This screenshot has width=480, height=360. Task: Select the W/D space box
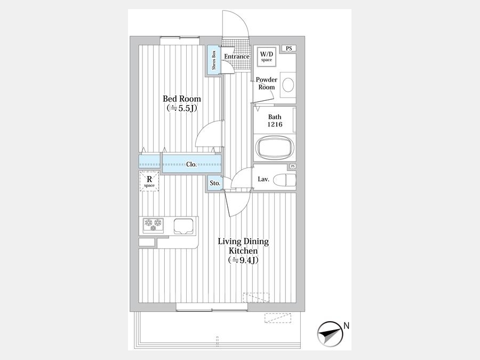[266, 56]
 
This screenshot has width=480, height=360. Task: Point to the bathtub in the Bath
[275, 148]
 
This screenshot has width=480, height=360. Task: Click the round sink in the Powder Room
[288, 84]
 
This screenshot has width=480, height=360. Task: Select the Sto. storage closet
[215, 183]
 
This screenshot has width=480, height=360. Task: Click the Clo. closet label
[191, 164]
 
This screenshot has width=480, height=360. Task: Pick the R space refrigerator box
[149, 181]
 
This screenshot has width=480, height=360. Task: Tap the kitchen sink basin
[184, 226]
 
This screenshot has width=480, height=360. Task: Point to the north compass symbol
[329, 334]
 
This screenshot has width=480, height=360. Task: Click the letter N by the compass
[346, 326]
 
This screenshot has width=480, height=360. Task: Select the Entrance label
[237, 57]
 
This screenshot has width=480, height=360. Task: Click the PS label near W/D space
[289, 49]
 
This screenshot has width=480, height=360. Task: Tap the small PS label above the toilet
[293, 166]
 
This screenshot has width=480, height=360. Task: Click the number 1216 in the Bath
[275, 124]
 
